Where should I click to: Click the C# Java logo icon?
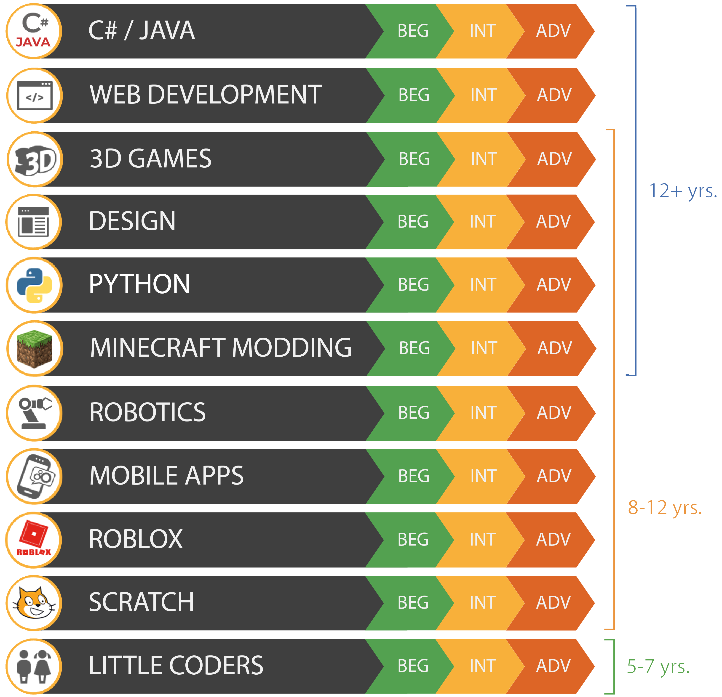coord(34,31)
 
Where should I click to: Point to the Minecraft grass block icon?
coord(35,349)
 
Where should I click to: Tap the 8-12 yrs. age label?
coord(665,508)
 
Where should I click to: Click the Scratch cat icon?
coord(34,603)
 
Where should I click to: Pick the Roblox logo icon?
coord(34,540)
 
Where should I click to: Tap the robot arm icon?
coord(34,413)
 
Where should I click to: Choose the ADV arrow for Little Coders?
coord(553,666)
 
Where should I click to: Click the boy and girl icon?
coord(34,666)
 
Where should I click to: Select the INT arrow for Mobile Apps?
coord(483,476)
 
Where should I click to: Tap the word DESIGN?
coord(132,222)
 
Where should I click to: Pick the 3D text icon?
coord(35,160)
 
